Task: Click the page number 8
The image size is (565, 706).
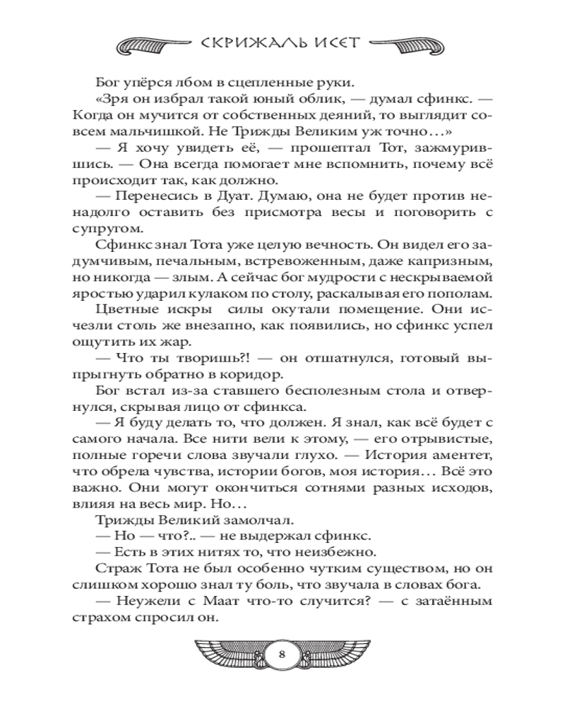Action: [282, 653]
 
